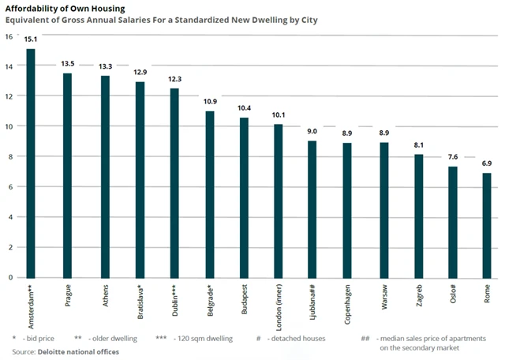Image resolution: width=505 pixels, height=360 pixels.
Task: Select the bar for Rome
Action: coord(487,225)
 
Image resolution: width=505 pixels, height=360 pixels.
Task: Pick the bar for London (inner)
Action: coord(278,201)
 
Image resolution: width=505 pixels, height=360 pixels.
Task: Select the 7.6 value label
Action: coord(452,156)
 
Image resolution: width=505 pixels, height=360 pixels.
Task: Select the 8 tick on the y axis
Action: coord(9,157)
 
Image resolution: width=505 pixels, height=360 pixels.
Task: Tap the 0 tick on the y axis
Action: coord(9,278)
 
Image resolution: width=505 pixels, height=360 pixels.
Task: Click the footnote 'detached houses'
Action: coord(297,338)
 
